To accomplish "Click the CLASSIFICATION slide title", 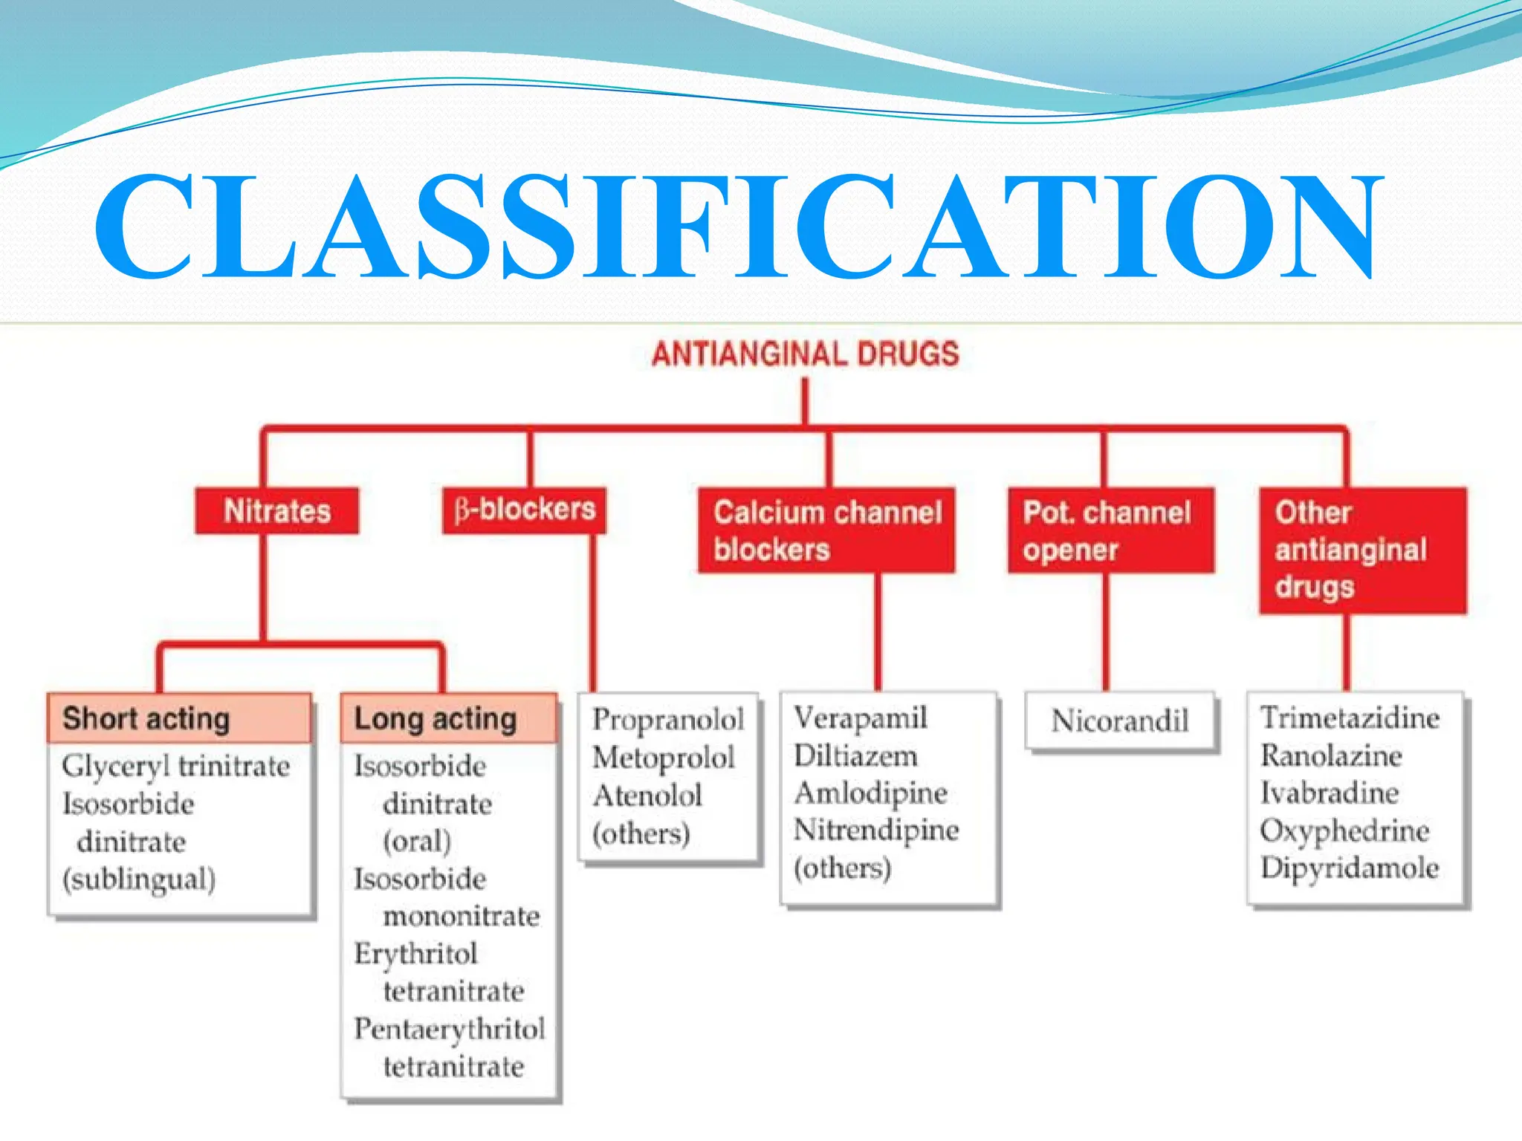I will coord(736,227).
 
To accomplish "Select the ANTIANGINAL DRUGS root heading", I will coord(805,354).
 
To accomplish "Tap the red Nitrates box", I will coord(276,511).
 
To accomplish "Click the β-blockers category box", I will coord(525,510).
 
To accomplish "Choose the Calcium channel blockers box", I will coord(826,530).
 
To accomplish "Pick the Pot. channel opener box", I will coord(1110,530).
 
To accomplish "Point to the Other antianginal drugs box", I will coord(1362,550).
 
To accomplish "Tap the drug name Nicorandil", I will coord(1120,721).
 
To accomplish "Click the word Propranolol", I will coord(667,719).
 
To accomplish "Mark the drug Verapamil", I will coord(861,718).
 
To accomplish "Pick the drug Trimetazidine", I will coord(1350,718).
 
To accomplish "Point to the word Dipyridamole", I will coord(1350,868).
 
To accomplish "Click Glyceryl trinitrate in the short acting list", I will coord(176,766).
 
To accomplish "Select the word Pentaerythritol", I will coord(450,1029).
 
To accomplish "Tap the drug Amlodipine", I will coord(870,793).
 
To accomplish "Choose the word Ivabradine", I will coord(1330,793).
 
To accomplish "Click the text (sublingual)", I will coord(139,880).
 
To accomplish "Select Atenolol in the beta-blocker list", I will coord(647,796).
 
